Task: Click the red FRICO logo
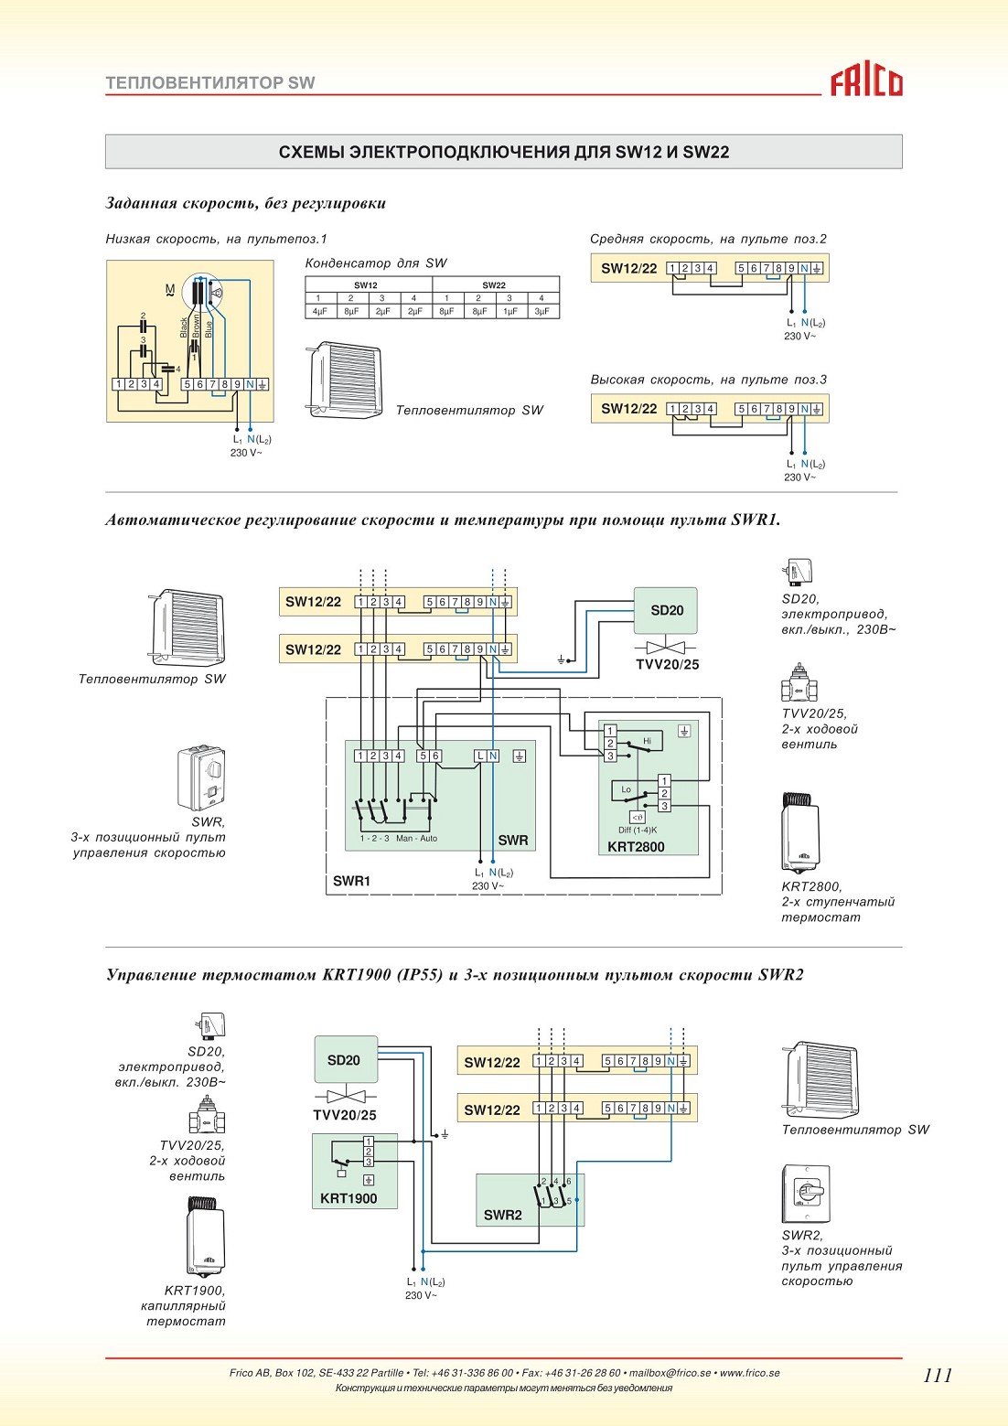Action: (x=866, y=82)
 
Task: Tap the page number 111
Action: (x=938, y=1376)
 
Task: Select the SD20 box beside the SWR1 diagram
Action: (x=665, y=610)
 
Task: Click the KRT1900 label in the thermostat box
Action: (x=349, y=1198)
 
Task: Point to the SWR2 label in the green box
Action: (x=502, y=1215)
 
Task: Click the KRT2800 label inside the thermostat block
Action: (x=636, y=847)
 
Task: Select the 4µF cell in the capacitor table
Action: (x=318, y=312)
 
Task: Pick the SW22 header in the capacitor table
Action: (x=494, y=285)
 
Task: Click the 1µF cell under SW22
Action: (x=509, y=312)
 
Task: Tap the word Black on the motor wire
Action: (x=184, y=327)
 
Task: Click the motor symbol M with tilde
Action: (x=170, y=291)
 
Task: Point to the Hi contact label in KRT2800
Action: (x=647, y=741)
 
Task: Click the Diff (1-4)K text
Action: (x=638, y=831)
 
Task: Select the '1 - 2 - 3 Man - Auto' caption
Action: (x=399, y=839)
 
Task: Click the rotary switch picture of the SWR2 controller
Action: (x=806, y=1194)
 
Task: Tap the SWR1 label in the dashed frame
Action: (x=351, y=881)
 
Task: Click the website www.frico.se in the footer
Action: (x=749, y=1373)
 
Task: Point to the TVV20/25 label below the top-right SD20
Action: (x=667, y=664)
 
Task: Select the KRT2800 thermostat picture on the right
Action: (x=800, y=832)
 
